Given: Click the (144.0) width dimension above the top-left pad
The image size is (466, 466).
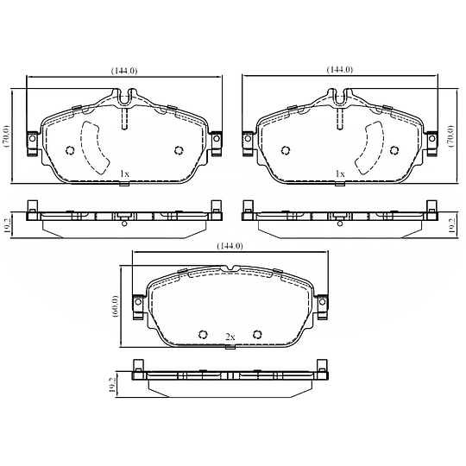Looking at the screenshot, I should tap(126, 69).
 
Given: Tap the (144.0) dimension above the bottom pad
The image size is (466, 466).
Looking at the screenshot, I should tap(229, 246).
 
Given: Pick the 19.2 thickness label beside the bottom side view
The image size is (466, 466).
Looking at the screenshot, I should tap(113, 385).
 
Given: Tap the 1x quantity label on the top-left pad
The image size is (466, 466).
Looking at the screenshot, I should tap(124, 173).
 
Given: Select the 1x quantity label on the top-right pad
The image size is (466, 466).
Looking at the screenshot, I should tap(341, 173).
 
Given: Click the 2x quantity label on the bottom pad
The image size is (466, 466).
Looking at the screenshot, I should tap(230, 336).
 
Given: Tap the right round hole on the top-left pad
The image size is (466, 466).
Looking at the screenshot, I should tap(179, 148).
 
